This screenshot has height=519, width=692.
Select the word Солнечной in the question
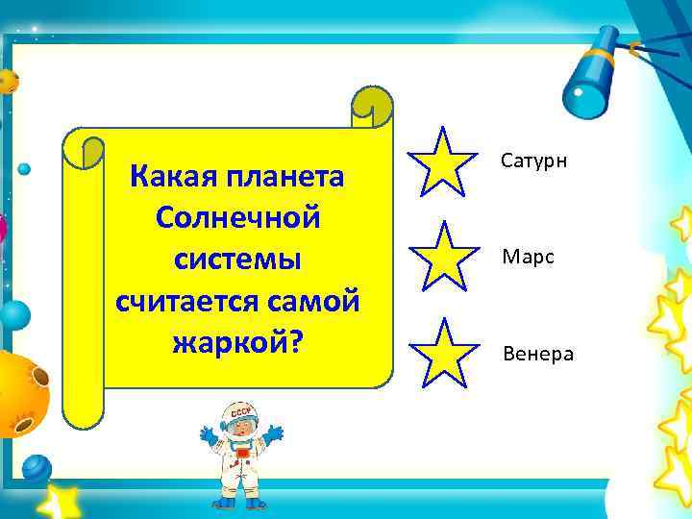coord(236,219)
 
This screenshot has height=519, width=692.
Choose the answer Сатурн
coord(534,160)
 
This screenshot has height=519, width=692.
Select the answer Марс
coord(528,258)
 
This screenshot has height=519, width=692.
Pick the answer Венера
coord(537,355)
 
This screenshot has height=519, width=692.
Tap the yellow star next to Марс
coord(443,256)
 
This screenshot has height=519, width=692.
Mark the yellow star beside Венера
coord(443,353)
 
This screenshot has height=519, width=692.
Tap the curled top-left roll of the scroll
coord(83,154)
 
